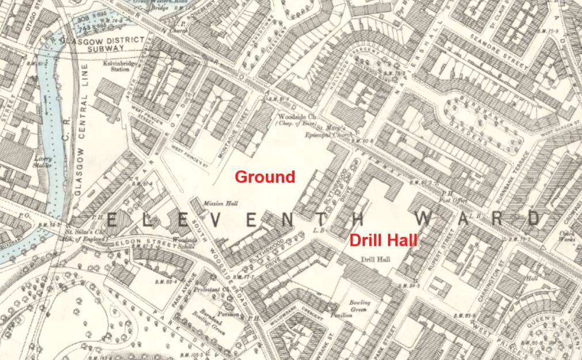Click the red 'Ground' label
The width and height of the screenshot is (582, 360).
[x=264, y=176]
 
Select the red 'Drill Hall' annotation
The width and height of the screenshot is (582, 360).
[x=383, y=240]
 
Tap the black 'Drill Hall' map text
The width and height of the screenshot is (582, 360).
[x=376, y=259]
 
